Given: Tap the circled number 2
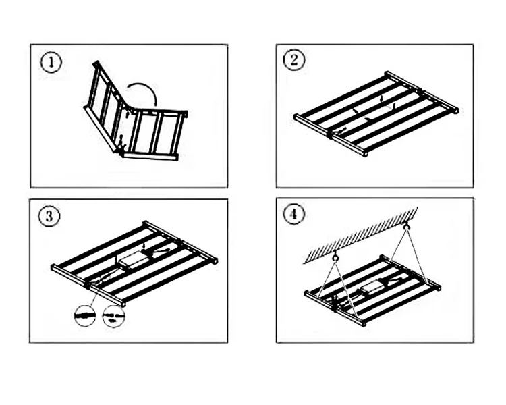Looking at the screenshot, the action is click(x=293, y=59).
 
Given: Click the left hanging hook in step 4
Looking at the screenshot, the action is click(x=335, y=256).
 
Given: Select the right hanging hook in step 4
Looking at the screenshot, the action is click(x=407, y=227).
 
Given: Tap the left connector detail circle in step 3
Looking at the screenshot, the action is click(x=85, y=315).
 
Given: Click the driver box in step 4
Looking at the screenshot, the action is click(x=372, y=289).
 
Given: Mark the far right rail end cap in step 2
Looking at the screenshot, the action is click(x=456, y=110).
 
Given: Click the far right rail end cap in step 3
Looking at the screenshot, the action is click(x=215, y=260).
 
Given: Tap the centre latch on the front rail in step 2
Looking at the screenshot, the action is click(x=331, y=133).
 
